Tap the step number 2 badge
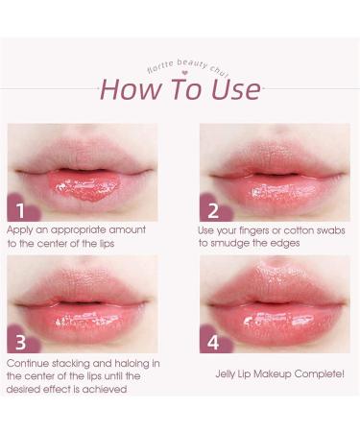tap(212, 206)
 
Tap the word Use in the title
tap(232, 89)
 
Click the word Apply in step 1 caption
tap(21, 230)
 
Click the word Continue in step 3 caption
tap(30, 363)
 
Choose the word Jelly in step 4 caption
tap(228, 374)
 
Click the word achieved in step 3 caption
tap(108, 389)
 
